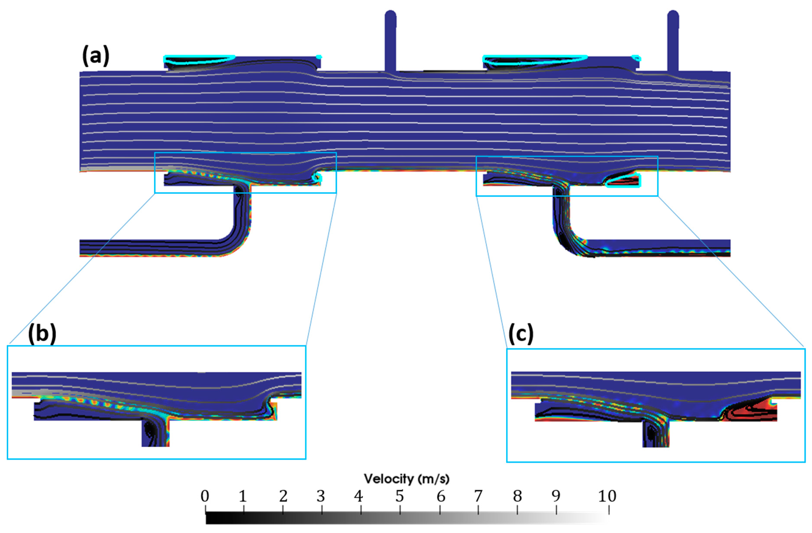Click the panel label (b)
pos(42,333)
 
